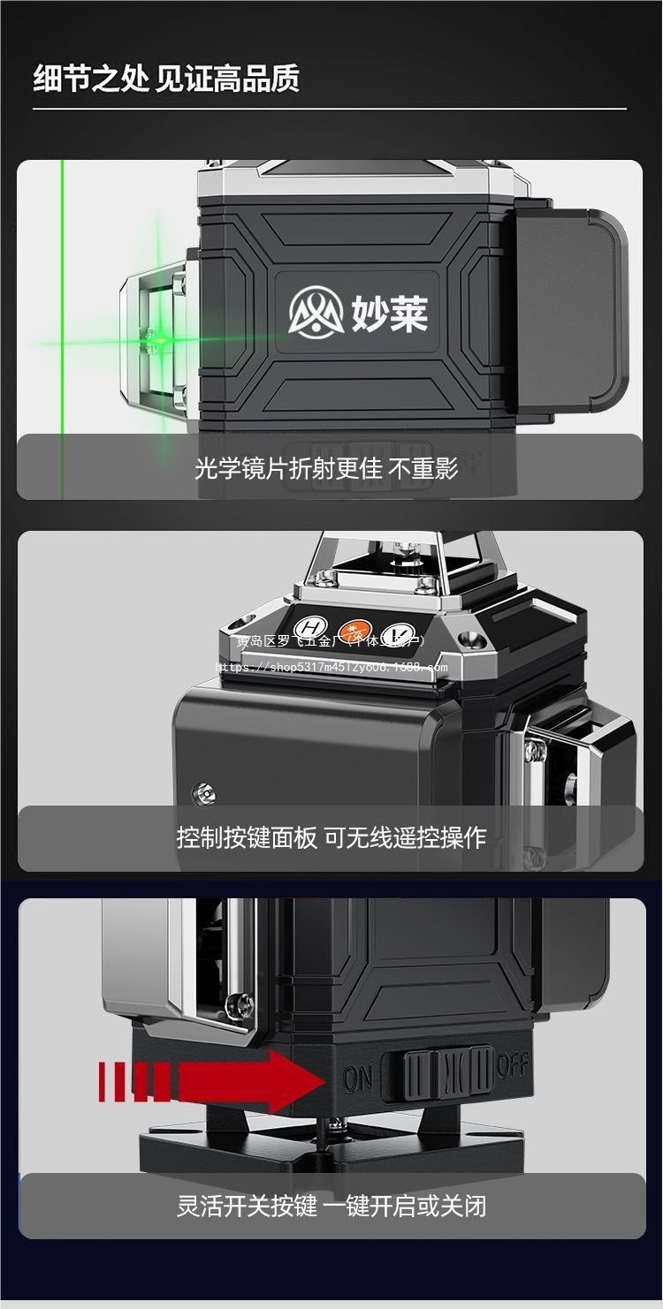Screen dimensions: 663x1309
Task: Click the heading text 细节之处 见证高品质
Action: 166,78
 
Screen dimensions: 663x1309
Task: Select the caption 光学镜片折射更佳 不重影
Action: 326,467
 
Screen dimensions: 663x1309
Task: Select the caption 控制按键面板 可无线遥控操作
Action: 331,836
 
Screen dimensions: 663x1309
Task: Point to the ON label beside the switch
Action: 358,1078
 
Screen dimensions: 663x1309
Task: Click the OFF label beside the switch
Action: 512,1066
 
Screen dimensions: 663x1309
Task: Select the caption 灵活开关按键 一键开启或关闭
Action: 331,1206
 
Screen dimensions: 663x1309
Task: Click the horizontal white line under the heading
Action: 330,109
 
